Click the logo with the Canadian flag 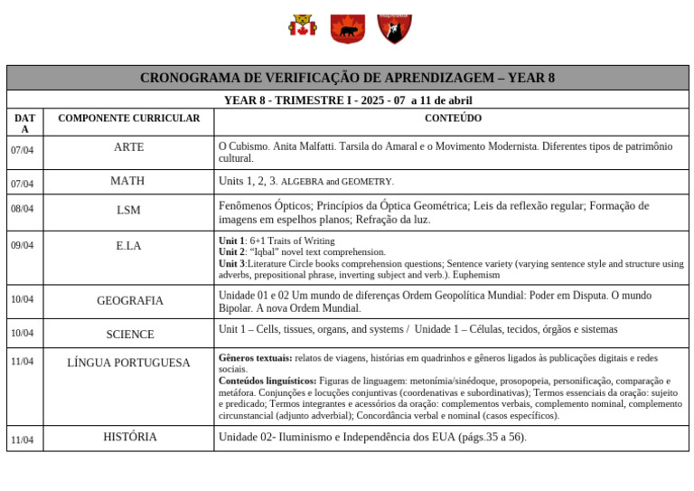click(303, 26)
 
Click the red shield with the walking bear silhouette click(347, 28)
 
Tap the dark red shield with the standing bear click(394, 28)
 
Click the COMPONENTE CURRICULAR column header click(128, 118)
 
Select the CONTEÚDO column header click(453, 118)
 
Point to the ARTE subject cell click(128, 147)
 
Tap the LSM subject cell click(128, 210)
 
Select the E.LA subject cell click(128, 246)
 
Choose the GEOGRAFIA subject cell click(130, 300)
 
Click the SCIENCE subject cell click(130, 334)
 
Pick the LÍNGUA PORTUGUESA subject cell click(128, 363)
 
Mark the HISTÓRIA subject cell click(130, 437)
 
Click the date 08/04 click(23, 209)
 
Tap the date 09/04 click(23, 245)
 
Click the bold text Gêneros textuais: click(255, 358)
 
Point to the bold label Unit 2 click(232, 252)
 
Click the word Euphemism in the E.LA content click(478, 275)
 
